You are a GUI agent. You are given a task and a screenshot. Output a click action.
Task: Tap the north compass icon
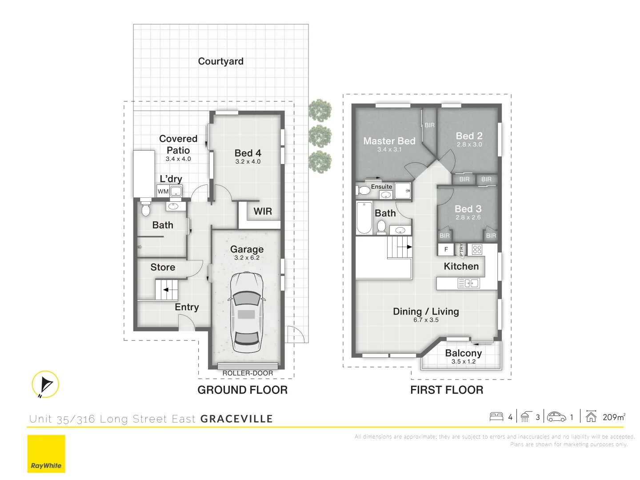coord(45,384)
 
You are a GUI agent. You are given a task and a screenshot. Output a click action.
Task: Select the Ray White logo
coord(46,454)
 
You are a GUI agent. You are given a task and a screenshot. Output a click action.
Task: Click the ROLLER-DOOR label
coord(248,373)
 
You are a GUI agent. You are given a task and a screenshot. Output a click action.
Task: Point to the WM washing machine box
coord(163,192)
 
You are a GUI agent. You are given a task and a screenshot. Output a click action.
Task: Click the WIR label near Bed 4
coord(263,212)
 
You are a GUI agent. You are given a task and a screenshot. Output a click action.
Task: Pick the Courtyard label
coord(220,61)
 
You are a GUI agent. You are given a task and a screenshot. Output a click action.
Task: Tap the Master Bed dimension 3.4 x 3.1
coord(389,150)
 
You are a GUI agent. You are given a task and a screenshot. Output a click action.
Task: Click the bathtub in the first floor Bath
coord(364,218)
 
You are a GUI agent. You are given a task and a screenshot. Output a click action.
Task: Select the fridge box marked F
coord(446,249)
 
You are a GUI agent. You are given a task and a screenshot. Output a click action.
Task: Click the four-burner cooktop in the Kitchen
coord(477,249)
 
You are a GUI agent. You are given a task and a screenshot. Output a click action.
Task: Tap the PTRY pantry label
coord(461,250)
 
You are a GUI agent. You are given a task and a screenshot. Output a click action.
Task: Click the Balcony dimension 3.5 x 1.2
coord(463,362)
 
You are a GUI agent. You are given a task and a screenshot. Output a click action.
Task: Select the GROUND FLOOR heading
coord(242,390)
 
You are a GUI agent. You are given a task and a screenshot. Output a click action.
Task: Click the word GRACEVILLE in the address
coord(236,419)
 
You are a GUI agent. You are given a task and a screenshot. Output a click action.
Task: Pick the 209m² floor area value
coord(614,417)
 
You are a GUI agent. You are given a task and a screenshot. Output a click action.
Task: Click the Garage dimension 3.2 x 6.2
coord(247,258)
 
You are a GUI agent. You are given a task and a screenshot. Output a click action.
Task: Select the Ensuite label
coord(381,187)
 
